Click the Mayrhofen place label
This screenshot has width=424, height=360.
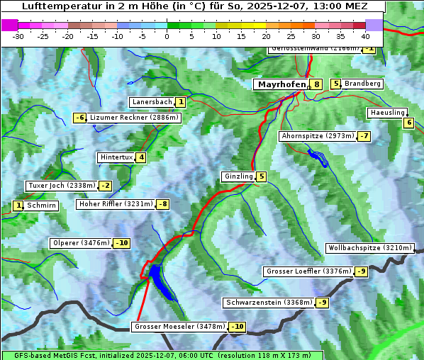[281, 84]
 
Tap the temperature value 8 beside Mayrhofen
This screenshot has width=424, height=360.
[316, 84]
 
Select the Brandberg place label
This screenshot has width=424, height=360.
[362, 84]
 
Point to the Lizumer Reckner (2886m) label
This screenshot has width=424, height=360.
[133, 118]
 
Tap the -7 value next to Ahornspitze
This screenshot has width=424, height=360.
[364, 136]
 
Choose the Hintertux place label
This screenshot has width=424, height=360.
[117, 157]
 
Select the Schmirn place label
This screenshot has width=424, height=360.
[42, 206]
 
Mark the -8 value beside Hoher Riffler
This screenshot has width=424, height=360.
[162, 204]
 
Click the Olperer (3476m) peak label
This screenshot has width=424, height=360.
[82, 243]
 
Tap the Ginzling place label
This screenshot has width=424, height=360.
[238, 176]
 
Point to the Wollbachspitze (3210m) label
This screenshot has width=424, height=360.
[369, 248]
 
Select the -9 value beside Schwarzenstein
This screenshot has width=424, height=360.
[322, 303]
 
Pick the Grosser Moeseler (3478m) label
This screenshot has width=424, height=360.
[179, 327]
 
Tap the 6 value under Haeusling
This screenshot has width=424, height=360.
[408, 123]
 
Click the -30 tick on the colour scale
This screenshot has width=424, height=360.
[18, 35]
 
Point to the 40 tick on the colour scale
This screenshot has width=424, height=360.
[365, 35]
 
